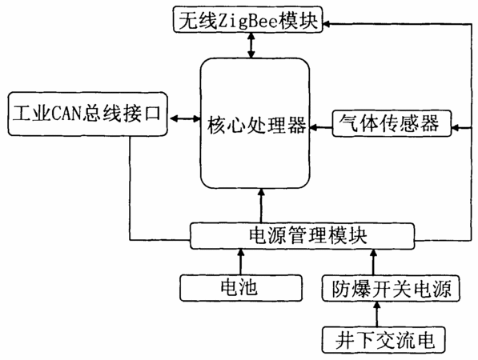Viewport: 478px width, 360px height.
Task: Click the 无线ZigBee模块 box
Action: click(247, 19)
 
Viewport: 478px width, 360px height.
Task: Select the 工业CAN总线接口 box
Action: click(88, 114)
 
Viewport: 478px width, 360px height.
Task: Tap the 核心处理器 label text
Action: click(257, 124)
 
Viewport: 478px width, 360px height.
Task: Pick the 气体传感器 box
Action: click(392, 123)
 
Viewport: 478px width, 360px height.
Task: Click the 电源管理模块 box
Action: click(303, 236)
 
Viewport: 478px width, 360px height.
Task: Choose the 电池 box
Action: click(241, 288)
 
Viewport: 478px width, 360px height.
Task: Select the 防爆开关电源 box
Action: click(391, 288)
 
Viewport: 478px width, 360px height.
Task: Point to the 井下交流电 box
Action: click(384, 340)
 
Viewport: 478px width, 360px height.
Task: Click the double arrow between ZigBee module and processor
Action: click(251, 46)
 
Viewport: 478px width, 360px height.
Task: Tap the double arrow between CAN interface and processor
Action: click(184, 118)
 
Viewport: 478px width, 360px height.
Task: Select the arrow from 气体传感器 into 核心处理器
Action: click(321, 127)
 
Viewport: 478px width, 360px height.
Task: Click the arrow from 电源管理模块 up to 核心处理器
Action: click(261, 206)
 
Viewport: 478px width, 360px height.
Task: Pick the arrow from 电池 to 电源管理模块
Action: click(241, 262)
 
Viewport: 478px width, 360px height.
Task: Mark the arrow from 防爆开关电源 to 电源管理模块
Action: click(373, 262)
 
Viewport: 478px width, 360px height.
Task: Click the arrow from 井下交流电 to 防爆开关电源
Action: click(377, 314)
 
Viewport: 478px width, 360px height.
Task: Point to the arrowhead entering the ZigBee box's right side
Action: click(326, 24)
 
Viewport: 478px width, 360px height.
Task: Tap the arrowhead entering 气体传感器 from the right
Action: click(455, 128)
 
